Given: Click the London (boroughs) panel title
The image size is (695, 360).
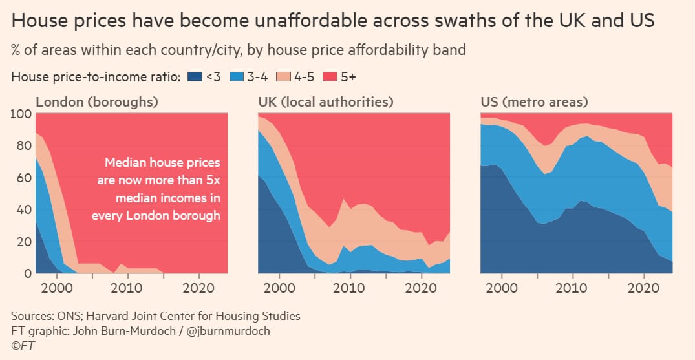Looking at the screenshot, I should pos(97,102).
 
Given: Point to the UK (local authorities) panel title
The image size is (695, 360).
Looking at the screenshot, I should pos(326,102).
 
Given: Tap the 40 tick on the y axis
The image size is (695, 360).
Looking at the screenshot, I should pos(24,210).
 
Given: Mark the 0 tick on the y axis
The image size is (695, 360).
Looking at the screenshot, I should pos(27,273).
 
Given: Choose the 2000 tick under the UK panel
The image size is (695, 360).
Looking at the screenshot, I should pos(279,286).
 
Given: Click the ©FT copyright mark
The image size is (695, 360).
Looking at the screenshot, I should pos(23,346).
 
